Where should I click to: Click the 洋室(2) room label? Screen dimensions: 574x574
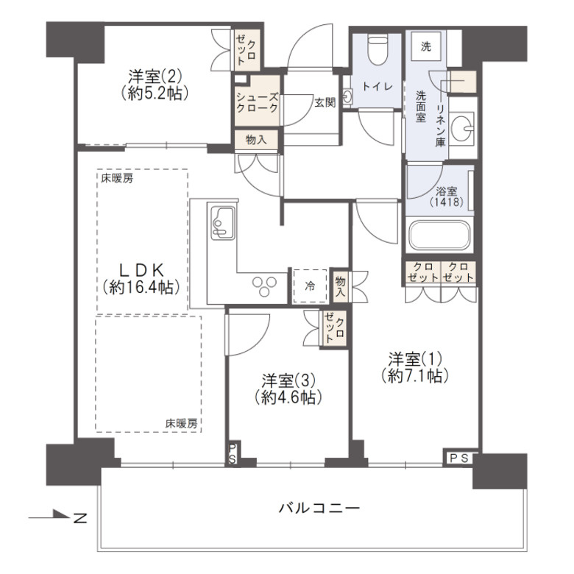154,84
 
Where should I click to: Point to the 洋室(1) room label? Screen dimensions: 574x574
416,366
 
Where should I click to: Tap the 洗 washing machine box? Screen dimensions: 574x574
426,46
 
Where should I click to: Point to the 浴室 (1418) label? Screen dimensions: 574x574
446,196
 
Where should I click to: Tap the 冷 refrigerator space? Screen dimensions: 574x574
310,286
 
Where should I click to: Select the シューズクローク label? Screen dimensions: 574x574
257,102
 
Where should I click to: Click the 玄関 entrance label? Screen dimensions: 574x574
325,103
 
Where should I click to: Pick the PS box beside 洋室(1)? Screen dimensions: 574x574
459,458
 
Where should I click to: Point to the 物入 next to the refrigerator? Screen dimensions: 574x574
340,286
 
